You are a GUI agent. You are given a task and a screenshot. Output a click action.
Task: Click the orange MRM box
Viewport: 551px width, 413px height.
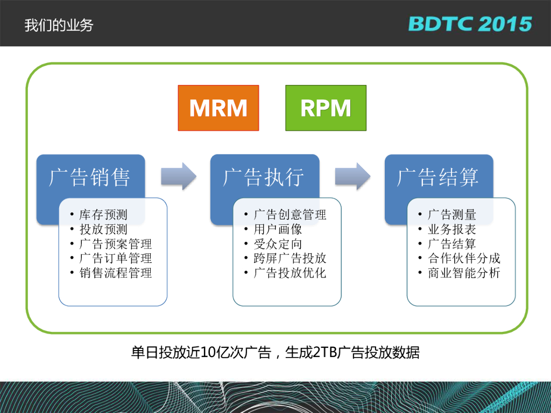[218, 108]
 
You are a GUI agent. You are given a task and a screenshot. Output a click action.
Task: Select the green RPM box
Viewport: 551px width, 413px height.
[326, 108]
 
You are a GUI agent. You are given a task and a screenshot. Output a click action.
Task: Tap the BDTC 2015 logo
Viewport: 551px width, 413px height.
[470, 24]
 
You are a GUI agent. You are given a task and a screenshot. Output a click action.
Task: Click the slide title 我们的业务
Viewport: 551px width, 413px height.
[59, 25]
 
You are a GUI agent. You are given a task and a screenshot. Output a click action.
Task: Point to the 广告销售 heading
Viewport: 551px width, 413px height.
[90, 177]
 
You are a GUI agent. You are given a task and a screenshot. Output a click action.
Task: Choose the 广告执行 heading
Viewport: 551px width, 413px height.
[264, 177]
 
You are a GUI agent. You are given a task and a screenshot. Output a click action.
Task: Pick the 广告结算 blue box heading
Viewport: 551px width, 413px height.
[438, 177]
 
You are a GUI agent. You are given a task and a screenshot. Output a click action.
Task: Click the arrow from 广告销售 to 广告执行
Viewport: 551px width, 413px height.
[179, 176]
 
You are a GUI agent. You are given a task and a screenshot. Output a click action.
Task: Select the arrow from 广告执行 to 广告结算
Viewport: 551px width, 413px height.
[352, 176]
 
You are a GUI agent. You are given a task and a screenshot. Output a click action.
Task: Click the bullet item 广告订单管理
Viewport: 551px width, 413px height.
[115, 259]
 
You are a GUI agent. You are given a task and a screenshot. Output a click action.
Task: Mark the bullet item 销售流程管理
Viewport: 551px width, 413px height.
[115, 273]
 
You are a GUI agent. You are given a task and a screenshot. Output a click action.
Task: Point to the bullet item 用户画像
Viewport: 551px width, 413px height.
[278, 230]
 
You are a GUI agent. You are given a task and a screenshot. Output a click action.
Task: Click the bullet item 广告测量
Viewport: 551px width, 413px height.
[452, 215]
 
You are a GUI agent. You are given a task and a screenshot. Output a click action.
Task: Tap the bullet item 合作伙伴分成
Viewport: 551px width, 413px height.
[464, 259]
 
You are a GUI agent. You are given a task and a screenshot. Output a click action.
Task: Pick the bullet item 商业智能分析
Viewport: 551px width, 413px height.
[464, 273]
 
